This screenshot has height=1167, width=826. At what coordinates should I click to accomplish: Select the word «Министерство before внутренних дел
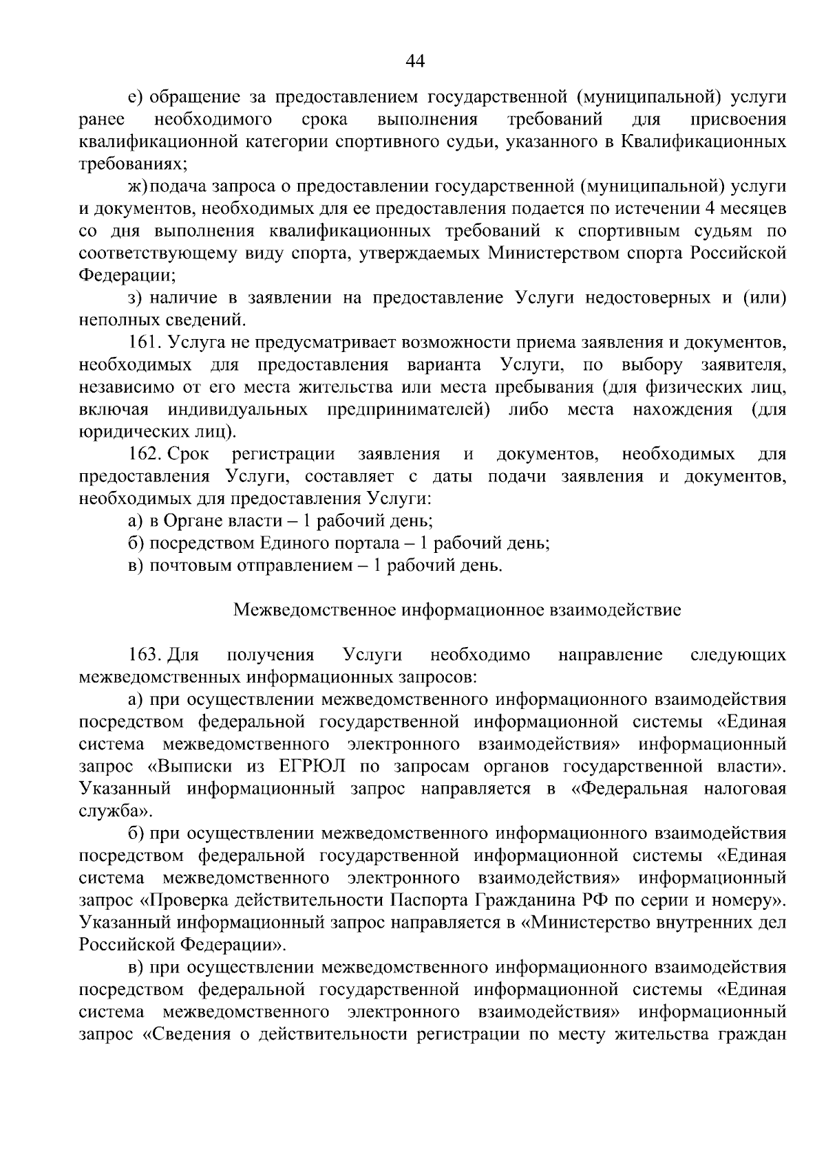point(595,922)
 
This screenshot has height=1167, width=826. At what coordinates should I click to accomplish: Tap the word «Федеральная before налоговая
point(630,789)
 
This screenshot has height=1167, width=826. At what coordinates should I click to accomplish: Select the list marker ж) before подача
point(138,186)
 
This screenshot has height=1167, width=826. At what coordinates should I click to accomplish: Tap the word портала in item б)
point(366,543)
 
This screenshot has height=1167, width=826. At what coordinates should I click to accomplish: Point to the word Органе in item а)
point(191,521)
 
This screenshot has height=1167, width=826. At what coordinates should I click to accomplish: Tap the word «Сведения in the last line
point(187,1034)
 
